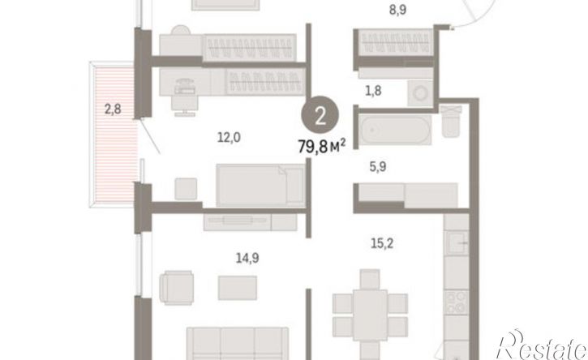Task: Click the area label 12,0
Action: [x=229, y=138]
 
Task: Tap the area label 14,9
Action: [x=247, y=258]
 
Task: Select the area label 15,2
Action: [x=382, y=243]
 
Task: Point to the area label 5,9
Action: [x=378, y=166]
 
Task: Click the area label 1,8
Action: [x=373, y=90]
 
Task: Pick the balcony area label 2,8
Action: [x=113, y=109]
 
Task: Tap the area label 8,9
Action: [x=398, y=10]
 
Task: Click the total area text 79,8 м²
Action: [x=321, y=146]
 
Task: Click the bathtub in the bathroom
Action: [x=395, y=130]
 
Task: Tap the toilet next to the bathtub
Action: [x=450, y=121]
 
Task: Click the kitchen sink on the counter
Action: [x=457, y=242]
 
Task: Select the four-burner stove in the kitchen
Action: [x=457, y=302]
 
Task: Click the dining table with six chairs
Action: [x=370, y=315]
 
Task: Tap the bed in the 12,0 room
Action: [x=261, y=185]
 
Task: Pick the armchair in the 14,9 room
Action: [x=176, y=287]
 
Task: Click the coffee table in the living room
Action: [x=238, y=288]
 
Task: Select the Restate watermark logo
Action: [x=542, y=346]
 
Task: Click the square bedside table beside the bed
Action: [x=186, y=189]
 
